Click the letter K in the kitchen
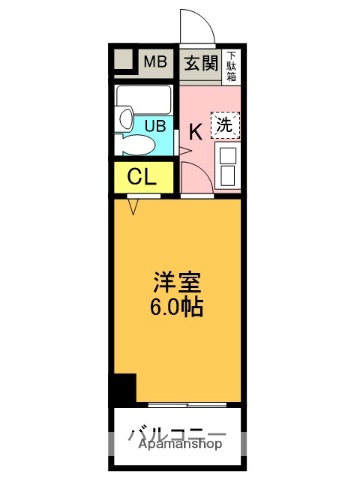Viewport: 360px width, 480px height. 196,129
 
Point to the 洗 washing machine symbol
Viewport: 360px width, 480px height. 225,125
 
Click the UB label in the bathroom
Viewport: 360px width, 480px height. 155,126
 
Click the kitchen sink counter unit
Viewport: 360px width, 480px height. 227,166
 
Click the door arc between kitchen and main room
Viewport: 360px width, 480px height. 200,180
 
